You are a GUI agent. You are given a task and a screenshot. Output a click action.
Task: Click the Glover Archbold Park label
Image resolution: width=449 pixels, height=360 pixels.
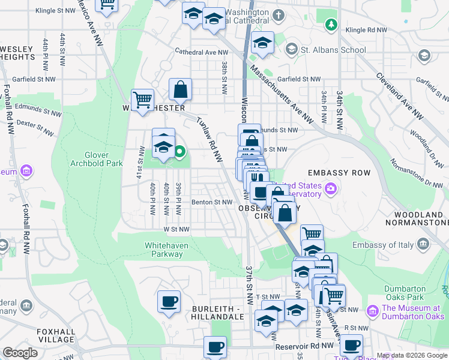pos(96,158)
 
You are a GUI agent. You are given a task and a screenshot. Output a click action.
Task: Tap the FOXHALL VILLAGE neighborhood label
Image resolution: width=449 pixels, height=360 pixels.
pos(55,335)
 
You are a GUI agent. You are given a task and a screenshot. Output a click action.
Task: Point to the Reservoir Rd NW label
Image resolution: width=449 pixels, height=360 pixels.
pos(304,347)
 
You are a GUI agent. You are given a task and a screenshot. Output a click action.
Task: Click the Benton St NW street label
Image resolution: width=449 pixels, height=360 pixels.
pos(211,202)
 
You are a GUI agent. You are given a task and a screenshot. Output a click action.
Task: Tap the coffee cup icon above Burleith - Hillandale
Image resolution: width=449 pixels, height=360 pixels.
pos(169,301)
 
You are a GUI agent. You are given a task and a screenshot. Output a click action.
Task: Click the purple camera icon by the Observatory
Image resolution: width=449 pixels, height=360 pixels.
pos(331,191)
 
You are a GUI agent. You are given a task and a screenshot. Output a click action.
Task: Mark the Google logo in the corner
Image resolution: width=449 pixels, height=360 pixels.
pos(20,353)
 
